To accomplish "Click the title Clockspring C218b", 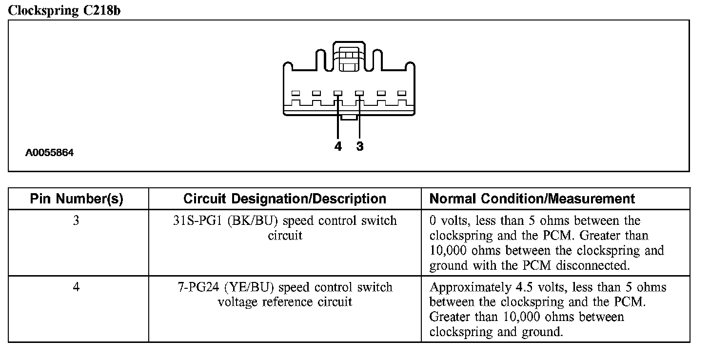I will point(64,11).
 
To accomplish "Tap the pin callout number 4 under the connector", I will point(338,146).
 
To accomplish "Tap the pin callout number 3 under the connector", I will point(360,146).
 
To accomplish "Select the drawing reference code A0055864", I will point(50,153).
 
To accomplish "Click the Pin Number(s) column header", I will point(77,199).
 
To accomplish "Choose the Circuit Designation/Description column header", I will point(285,199).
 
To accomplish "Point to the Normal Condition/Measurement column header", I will point(532,199).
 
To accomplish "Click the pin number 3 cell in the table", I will point(76,220).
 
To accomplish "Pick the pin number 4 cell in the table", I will point(76,287).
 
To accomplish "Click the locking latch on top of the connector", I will point(348,59).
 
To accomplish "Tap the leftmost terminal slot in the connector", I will point(296,93).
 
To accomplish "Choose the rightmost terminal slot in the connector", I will point(402,93).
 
